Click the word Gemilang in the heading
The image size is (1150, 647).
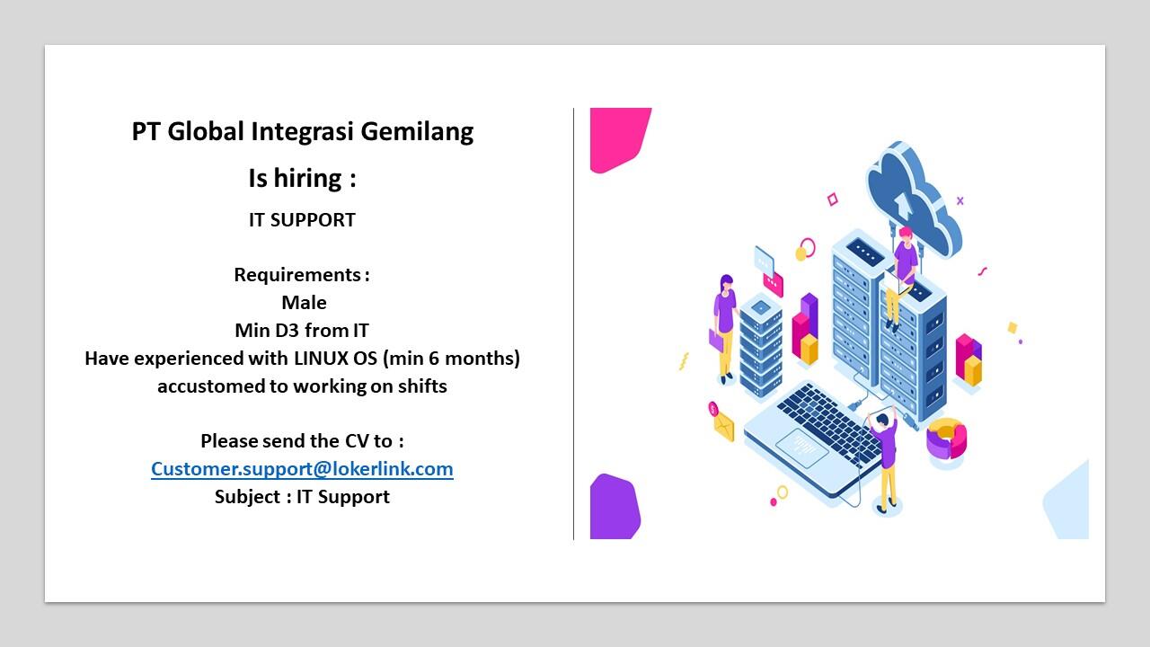(417, 132)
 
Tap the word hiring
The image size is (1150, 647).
(307, 179)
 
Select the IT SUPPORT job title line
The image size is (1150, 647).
(302, 220)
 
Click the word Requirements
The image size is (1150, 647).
(297, 275)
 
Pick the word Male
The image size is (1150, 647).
(304, 303)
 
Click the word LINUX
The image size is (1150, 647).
(321, 359)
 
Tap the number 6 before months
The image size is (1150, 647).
(434, 359)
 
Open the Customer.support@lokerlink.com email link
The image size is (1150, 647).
(302, 469)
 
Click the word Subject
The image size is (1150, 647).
(247, 497)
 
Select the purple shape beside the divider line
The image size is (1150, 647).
(615, 507)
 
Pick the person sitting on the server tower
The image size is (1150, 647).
(901, 278)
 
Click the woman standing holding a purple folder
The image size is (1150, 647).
(725, 329)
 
